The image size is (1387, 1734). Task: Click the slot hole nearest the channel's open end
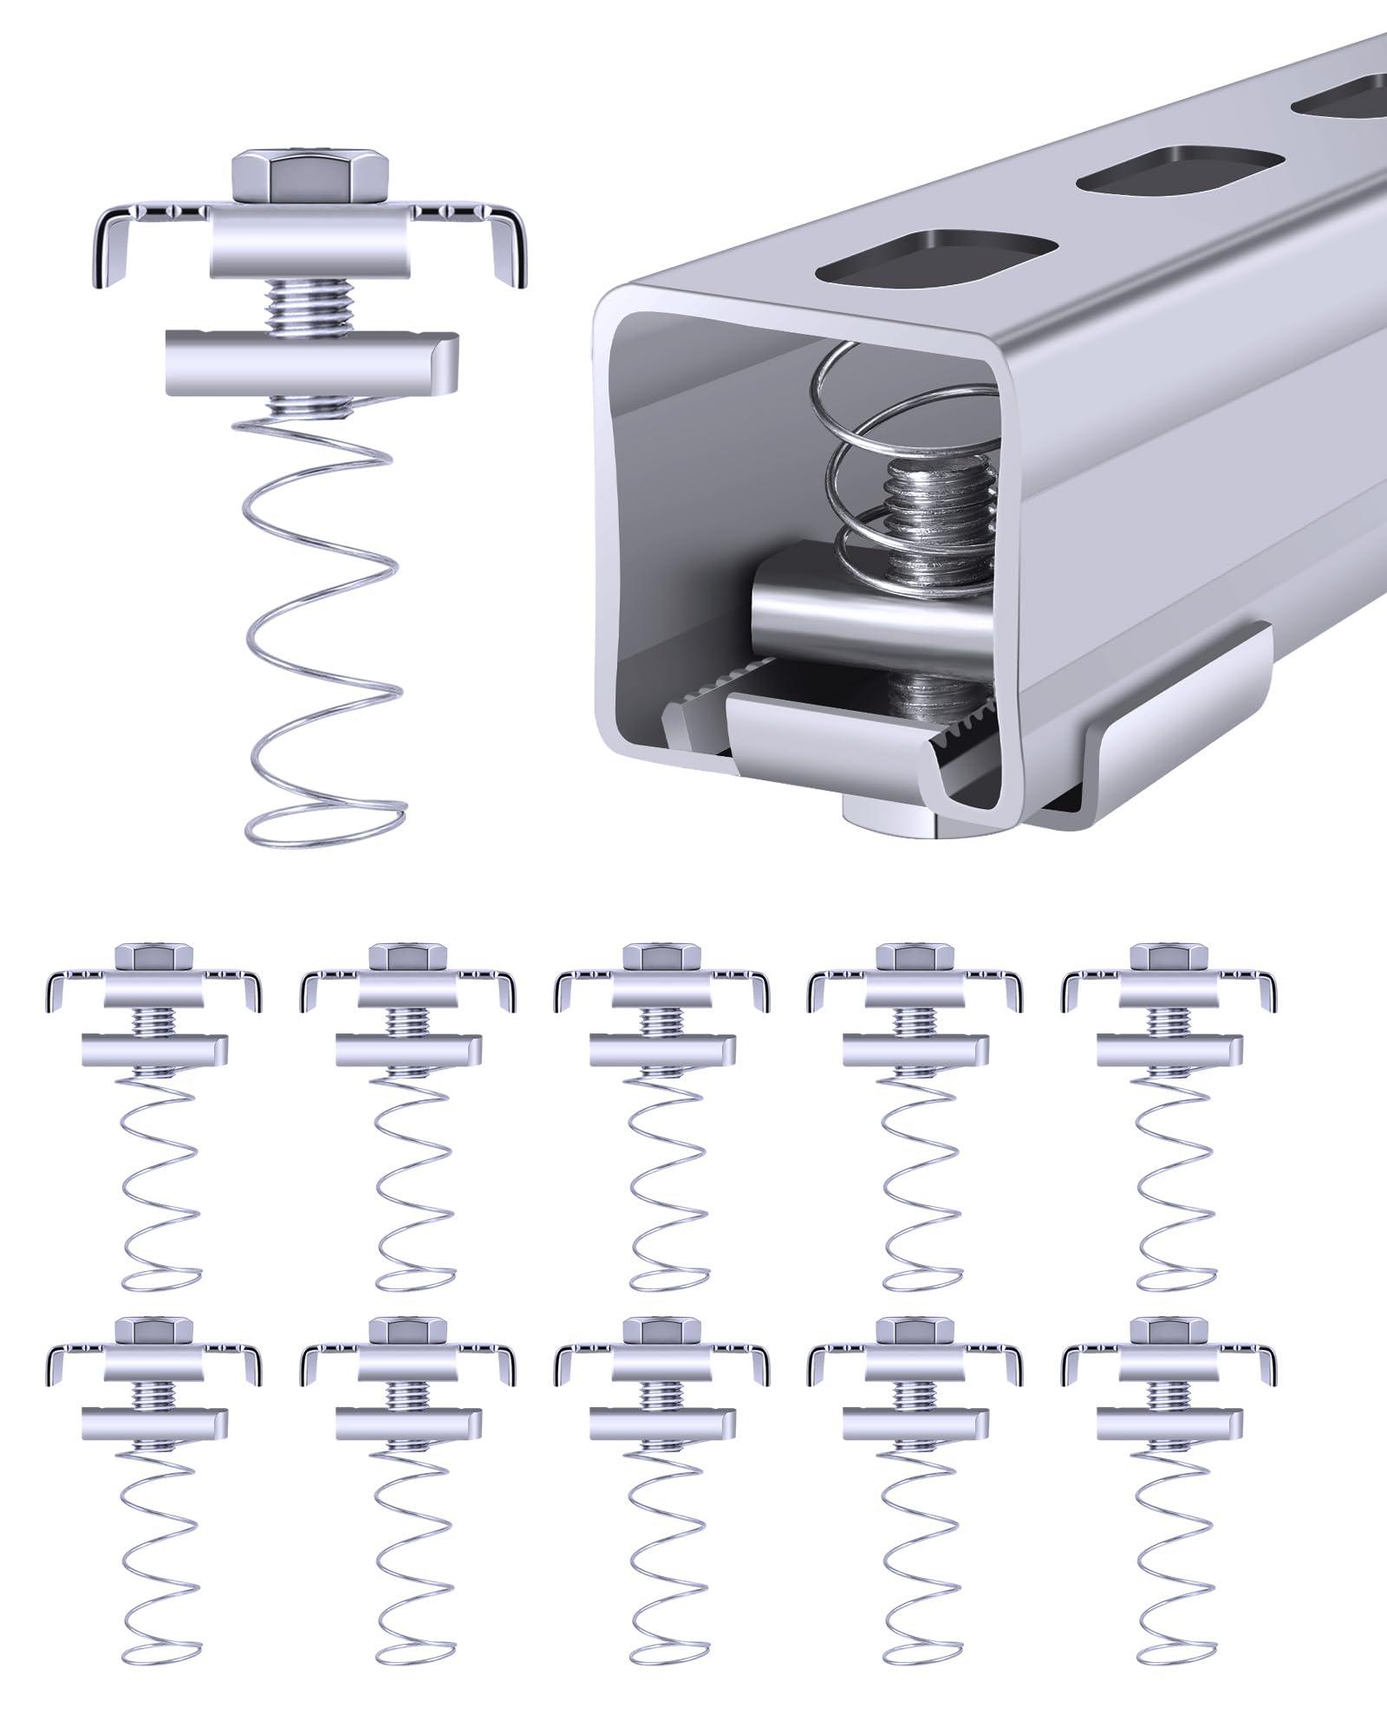939,257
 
